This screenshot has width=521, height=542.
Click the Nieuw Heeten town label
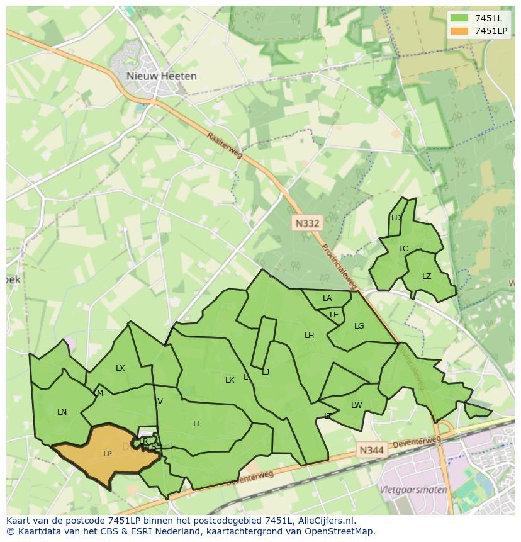161,76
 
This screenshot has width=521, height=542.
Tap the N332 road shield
307,223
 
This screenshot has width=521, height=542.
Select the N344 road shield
372,450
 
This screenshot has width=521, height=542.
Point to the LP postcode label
107,454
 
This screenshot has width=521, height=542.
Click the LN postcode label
62,412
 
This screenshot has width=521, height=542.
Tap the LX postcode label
120,368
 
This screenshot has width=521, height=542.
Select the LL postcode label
197,424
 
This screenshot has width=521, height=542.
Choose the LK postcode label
230,380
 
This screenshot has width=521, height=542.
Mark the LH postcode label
309,336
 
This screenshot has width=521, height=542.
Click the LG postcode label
359,326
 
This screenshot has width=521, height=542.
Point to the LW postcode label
357,405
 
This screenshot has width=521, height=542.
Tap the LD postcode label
396,218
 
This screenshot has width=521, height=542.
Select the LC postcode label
403,249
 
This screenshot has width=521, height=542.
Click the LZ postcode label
427,276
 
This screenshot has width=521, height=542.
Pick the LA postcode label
327,298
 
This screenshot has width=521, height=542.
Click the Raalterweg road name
225,145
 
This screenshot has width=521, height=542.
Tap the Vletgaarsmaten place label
413,490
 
